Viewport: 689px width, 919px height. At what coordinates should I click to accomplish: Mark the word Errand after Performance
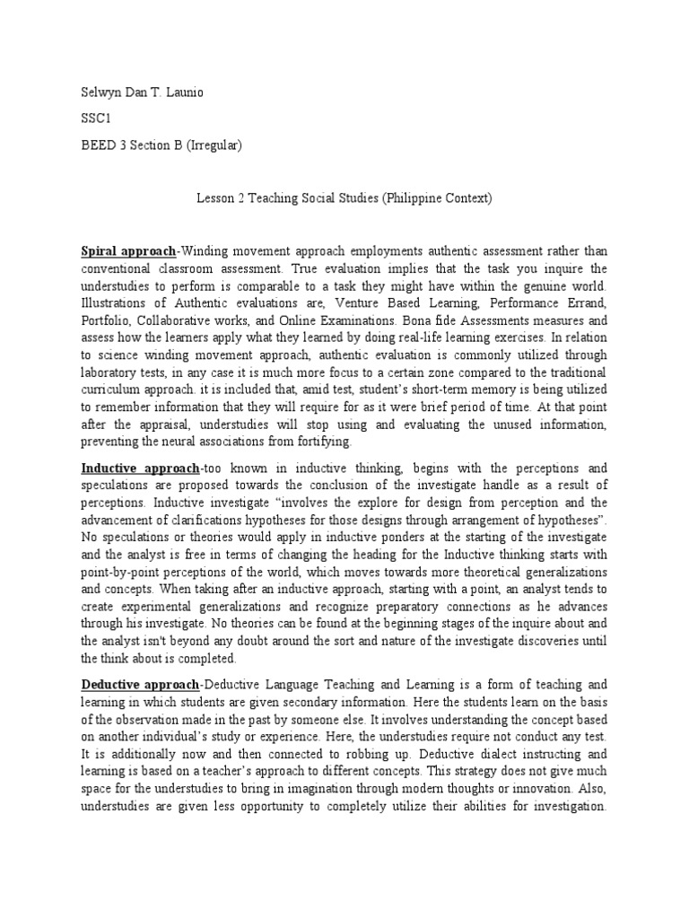(585, 302)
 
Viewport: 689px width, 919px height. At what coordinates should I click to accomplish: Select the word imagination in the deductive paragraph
(345, 790)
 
